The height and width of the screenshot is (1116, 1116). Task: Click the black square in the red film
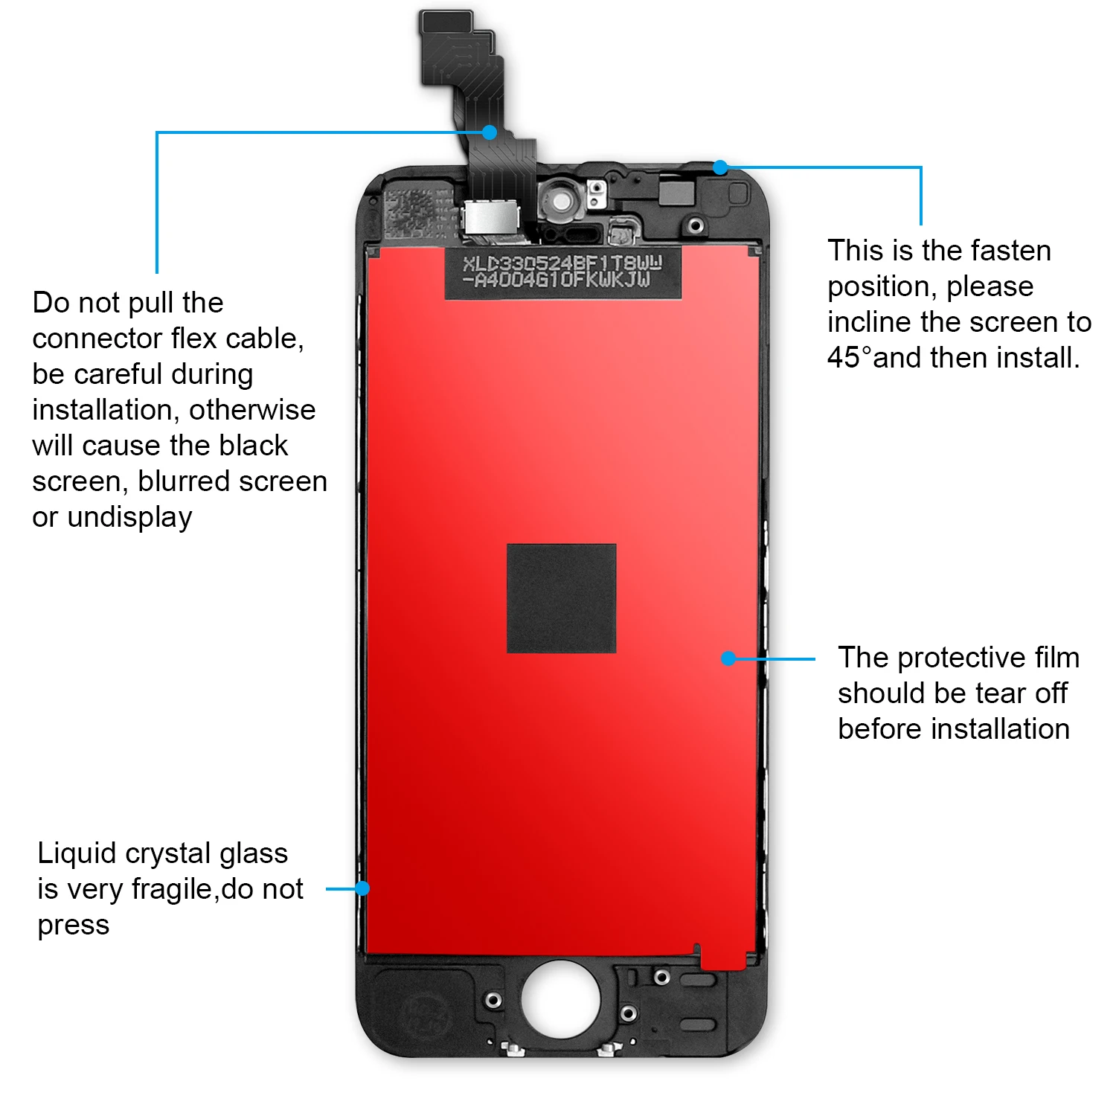(561, 598)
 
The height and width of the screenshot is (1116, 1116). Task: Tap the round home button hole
(560, 998)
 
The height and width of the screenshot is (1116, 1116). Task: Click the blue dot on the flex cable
(489, 132)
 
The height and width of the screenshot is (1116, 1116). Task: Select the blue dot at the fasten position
(719, 167)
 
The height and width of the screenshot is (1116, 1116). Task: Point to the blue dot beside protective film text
(728, 658)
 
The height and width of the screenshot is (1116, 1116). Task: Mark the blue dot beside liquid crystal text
(362, 888)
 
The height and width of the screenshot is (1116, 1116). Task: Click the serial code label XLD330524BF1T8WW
(562, 264)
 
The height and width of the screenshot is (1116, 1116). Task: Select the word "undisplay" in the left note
(129, 517)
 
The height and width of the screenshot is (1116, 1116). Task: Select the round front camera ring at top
(562, 201)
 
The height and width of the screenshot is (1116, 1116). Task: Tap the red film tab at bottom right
(723, 960)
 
